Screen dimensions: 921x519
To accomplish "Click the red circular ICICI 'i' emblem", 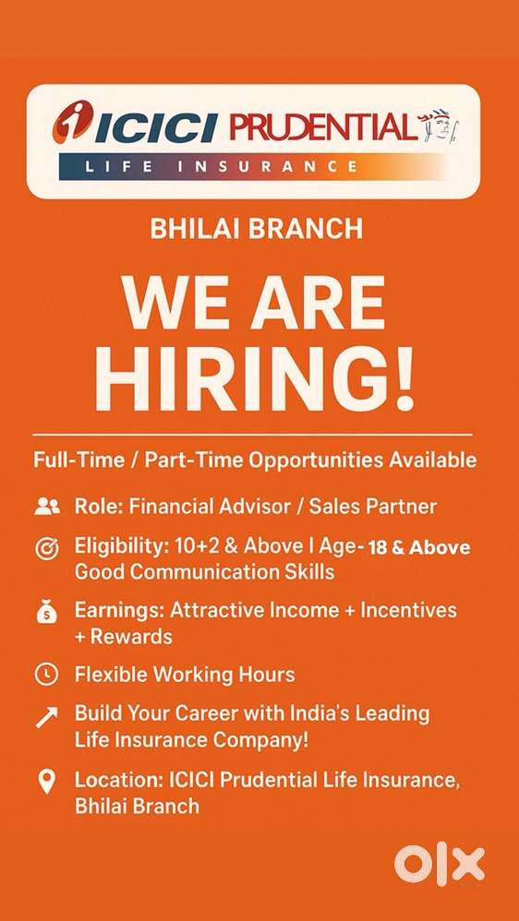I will point(73,124).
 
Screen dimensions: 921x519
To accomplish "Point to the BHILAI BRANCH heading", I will point(256,229).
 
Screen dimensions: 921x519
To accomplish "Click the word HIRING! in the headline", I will point(255,377).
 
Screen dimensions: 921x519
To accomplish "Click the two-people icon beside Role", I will point(46,507).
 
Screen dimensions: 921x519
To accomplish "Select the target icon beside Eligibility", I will point(46,548).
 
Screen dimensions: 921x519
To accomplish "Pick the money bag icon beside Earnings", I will point(46,612).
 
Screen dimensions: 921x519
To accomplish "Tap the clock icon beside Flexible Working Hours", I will point(46,675).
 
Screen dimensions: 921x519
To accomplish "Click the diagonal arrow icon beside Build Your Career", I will point(46,716).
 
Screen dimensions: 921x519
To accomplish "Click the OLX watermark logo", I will point(440,864).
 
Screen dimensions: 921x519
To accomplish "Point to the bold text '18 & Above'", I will point(418,548).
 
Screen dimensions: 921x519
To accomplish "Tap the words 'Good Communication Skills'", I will point(204,571).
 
